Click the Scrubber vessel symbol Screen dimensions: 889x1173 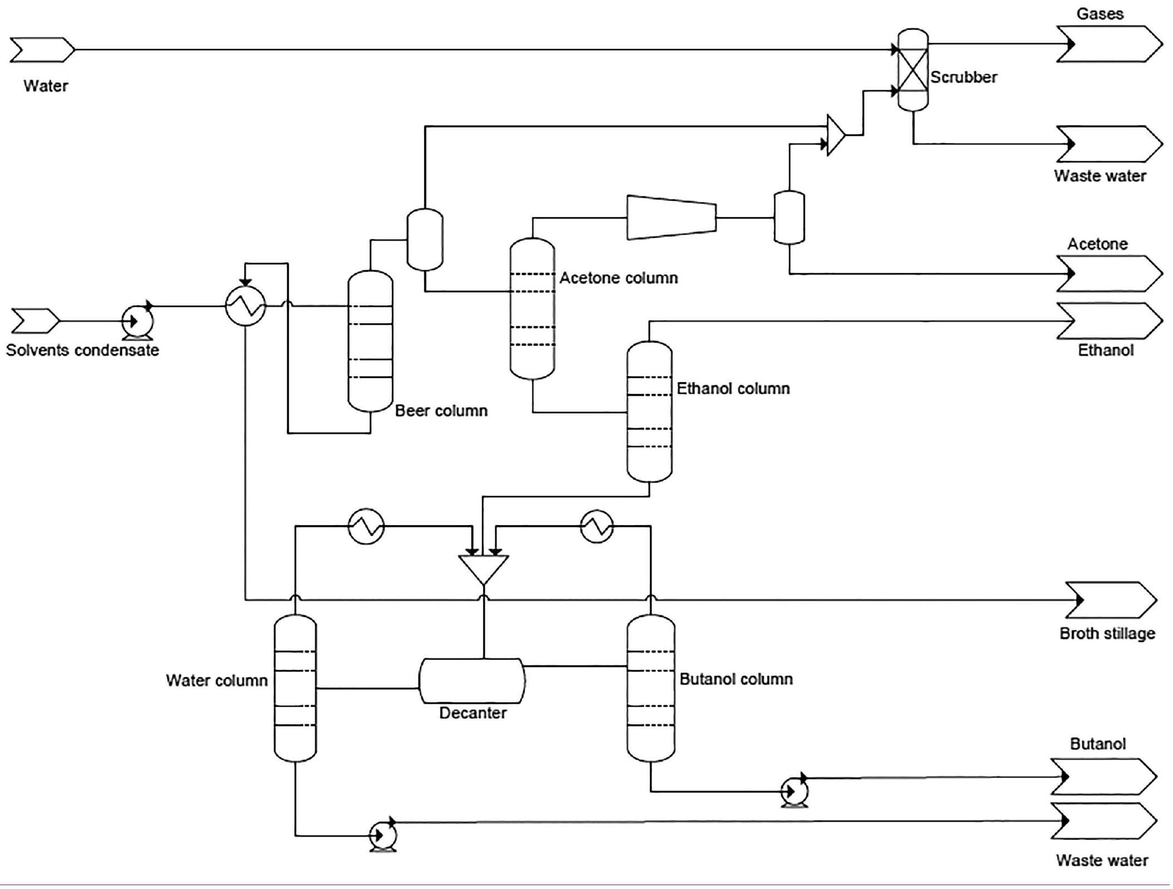[x=913, y=70]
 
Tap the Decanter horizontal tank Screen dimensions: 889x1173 [x=472, y=681]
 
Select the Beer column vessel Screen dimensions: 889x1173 [x=370, y=341]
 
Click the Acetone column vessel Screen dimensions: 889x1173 [x=532, y=309]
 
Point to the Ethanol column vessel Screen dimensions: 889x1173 [x=649, y=411]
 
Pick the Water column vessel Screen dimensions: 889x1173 [x=295, y=688]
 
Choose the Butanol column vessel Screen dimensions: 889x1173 [x=650, y=688]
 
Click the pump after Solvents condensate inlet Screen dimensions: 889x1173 [x=137, y=322]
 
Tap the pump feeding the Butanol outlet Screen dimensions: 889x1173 [x=794, y=791]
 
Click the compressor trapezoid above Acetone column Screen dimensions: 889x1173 [x=671, y=218]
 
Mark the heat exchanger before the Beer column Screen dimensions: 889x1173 [x=245, y=305]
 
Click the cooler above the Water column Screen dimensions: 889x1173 [x=366, y=526]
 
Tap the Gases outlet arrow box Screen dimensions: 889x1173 [x=1108, y=43]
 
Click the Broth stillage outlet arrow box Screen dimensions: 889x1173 [x=1111, y=600]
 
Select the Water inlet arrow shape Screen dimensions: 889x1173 [x=42, y=50]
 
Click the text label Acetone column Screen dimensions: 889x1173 [x=618, y=278]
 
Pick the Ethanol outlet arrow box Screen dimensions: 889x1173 [x=1108, y=321]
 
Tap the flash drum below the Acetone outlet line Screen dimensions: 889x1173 [x=788, y=218]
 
